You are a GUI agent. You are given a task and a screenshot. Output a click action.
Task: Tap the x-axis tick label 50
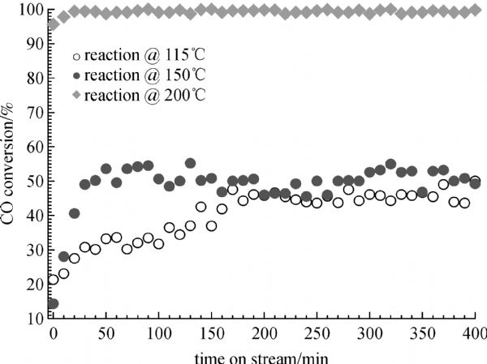106,333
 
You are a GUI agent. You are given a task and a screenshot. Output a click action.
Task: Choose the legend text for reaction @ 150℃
135,76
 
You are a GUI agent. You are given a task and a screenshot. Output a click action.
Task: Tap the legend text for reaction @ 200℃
135,95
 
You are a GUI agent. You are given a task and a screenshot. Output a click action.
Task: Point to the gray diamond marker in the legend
76,95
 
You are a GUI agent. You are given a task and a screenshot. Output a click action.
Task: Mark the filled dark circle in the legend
76,76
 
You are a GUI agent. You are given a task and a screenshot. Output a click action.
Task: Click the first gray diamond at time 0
54,24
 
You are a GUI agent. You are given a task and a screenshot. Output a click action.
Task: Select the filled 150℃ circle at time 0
54,304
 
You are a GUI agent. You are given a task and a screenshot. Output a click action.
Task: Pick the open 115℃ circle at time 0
54,280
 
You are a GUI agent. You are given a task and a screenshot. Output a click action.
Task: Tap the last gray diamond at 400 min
476,10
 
